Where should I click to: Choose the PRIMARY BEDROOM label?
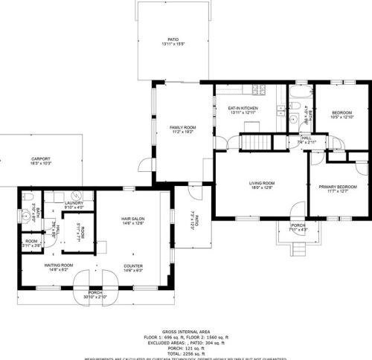pos(338,187)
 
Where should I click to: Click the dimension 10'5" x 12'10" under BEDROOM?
pos(341,117)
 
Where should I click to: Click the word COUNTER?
pos(133,266)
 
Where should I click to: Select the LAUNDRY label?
pos(74,202)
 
